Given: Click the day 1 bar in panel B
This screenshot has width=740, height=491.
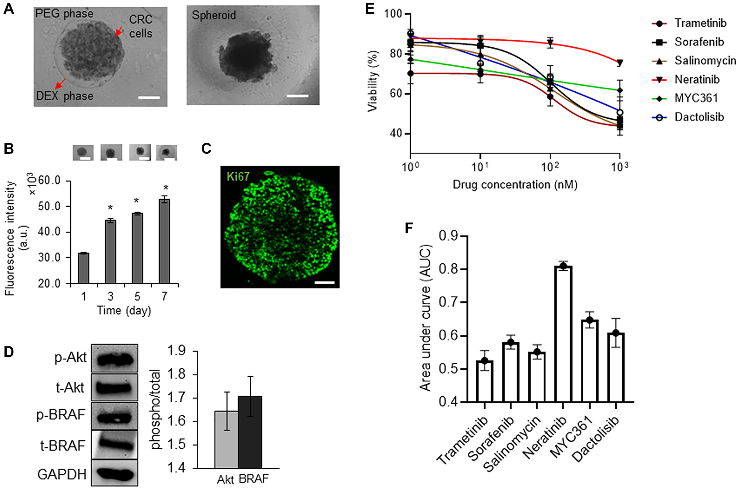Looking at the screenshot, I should pos(84,268).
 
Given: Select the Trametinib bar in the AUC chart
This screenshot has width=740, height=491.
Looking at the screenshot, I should pos(484,381).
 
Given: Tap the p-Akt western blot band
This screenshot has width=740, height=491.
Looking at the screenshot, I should pos(114,359).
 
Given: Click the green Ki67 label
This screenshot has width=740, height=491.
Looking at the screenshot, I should pos(238,176).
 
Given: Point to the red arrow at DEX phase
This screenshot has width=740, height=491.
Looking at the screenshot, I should pos(61,82).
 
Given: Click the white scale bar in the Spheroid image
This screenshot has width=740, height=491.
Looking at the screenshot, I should pos(297,96).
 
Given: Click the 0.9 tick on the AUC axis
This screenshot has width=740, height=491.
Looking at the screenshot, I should pos(448,236).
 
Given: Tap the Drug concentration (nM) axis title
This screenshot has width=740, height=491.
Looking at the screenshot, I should pos(515,184).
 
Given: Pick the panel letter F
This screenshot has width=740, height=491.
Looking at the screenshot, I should pos(409,228).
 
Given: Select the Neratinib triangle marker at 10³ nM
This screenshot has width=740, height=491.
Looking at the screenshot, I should pos(620,63).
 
